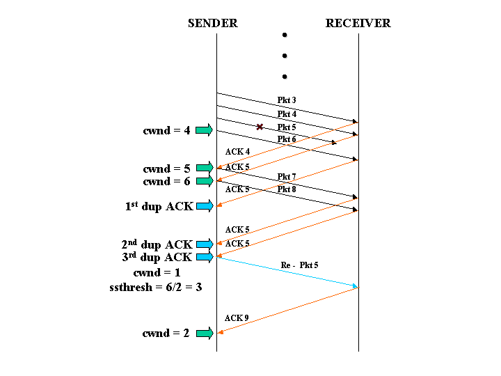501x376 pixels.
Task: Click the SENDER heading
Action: coord(212,23)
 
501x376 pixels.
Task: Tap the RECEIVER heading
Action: coord(358,23)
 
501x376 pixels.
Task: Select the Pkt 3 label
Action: coord(287,100)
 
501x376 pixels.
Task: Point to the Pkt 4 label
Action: coord(287,114)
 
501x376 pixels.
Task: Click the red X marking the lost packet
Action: coord(260,127)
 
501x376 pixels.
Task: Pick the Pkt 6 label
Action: coord(287,139)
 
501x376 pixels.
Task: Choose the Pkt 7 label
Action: coord(287,176)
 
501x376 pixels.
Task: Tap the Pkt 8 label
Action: coord(287,189)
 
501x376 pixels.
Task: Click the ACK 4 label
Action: coord(237,152)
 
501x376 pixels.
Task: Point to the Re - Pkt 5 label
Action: coord(299,265)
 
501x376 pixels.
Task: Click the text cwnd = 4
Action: coord(166,130)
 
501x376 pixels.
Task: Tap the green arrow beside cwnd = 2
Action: coord(204,333)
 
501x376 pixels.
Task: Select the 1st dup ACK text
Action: coord(159,206)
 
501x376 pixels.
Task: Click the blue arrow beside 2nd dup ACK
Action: coord(204,244)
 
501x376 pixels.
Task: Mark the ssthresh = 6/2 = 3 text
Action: coord(155,286)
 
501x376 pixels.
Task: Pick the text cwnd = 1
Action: coord(156,272)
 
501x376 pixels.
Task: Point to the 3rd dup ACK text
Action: coord(157,258)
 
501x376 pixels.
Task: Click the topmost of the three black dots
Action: coord(284,35)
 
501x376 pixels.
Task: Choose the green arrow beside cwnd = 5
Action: coord(204,167)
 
